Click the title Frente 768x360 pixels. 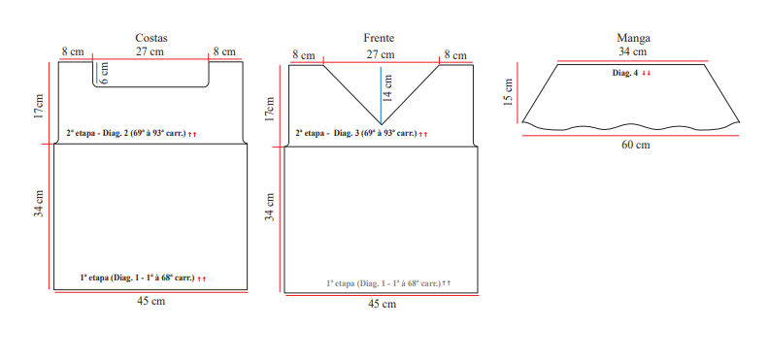pyautogui.click(x=379, y=38)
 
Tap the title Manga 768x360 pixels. pyautogui.click(x=633, y=38)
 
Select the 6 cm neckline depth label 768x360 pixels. pyautogui.click(x=103, y=73)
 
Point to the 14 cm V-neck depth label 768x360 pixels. pyautogui.click(x=387, y=87)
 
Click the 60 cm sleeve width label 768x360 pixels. pyautogui.click(x=636, y=145)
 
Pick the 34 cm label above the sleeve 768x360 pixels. pyautogui.click(x=632, y=50)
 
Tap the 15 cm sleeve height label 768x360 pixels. pyautogui.click(x=508, y=91)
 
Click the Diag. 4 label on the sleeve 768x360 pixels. pyautogui.click(x=625, y=73)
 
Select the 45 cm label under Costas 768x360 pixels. pyautogui.click(x=150, y=301)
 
